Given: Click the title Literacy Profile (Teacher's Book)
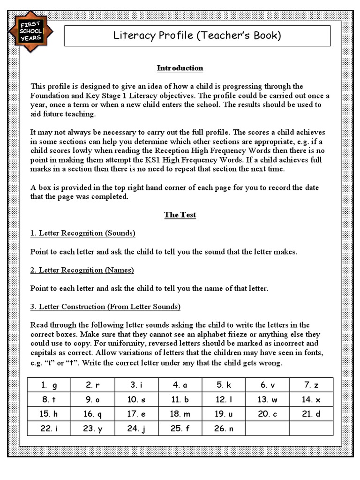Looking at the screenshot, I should [x=197, y=36].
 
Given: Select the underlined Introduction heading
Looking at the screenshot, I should [x=180, y=68].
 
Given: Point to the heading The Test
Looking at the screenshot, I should [x=180, y=215].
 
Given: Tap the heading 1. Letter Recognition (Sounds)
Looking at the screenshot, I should [x=83, y=233].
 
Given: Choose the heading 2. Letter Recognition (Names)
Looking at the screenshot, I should [x=82, y=270].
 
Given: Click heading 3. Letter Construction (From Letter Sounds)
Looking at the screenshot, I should [x=105, y=307].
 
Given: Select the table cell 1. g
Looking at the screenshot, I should [x=49, y=385].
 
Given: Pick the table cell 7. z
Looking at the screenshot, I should [x=311, y=385].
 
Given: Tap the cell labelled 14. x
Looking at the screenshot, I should [x=311, y=399].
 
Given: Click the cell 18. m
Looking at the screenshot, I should [x=180, y=414].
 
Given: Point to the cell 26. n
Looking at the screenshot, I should [x=224, y=428].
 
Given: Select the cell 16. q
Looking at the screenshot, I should [x=92, y=414].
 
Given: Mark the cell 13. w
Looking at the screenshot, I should [x=268, y=399].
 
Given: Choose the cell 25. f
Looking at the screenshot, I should [x=180, y=428].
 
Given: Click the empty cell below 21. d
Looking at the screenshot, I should [x=311, y=428].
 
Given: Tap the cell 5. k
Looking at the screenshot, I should [x=224, y=385].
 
